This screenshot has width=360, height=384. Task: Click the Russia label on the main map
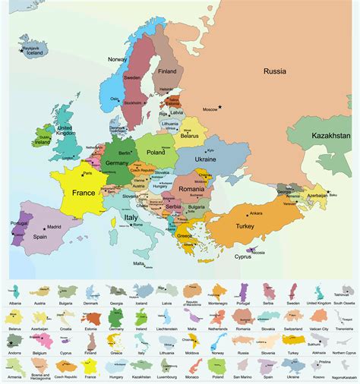coord(275,71)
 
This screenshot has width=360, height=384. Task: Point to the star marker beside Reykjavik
coord(21,50)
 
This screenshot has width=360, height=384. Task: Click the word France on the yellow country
coord(83,193)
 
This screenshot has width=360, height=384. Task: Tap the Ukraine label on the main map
coord(206,159)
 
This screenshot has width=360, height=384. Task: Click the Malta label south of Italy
coord(138,263)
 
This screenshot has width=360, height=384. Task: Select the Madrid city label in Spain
coord(54,227)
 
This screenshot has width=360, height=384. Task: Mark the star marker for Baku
coord(328,191)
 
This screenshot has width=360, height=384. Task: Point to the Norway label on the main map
coord(118,59)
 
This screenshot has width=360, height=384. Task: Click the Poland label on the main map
coord(156,152)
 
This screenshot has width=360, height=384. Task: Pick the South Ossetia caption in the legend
coord(343,303)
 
